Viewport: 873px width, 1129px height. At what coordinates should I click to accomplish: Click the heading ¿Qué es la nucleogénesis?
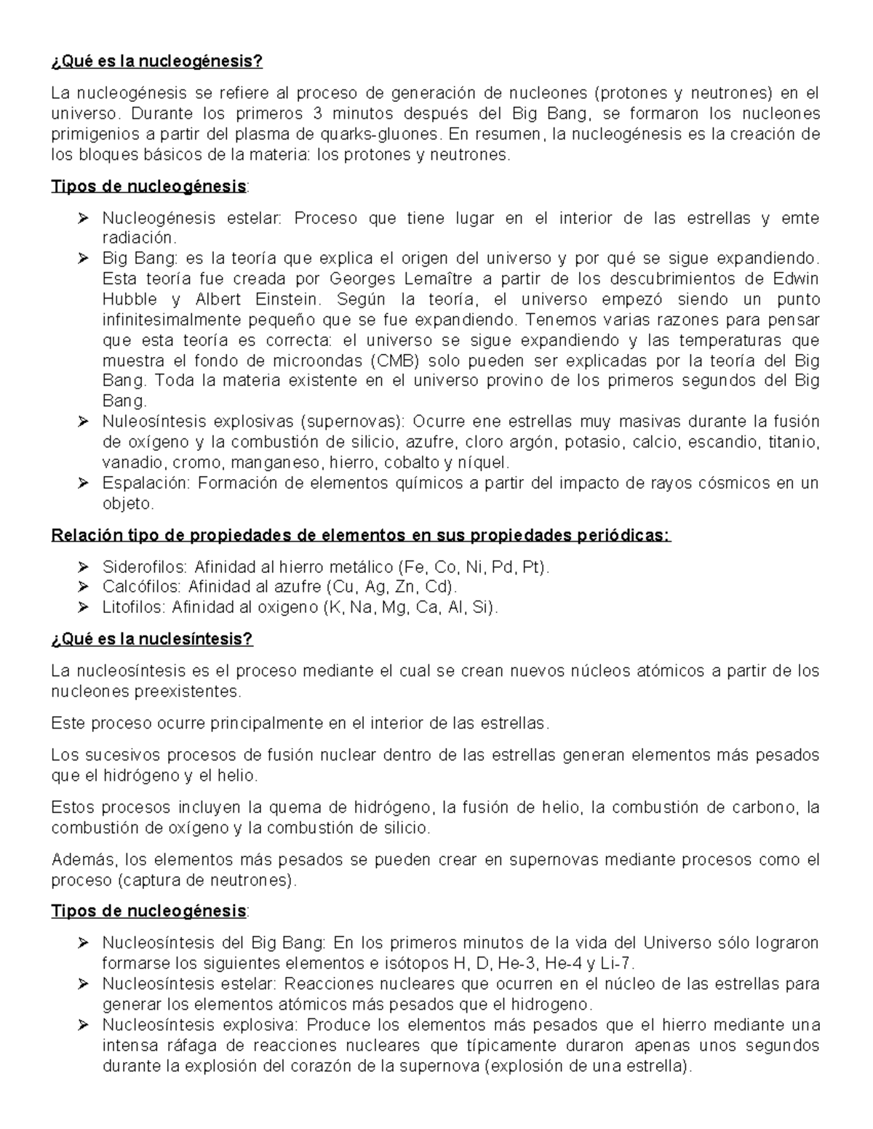156,62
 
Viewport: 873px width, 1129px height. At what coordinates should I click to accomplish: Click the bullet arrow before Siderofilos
82,567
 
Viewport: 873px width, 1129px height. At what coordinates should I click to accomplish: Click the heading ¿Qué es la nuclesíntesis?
152,639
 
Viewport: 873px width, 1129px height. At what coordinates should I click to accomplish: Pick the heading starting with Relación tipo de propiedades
360,536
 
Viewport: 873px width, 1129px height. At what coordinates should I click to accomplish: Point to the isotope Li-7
620,964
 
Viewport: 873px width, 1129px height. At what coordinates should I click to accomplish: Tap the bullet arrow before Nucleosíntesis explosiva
82,1025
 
